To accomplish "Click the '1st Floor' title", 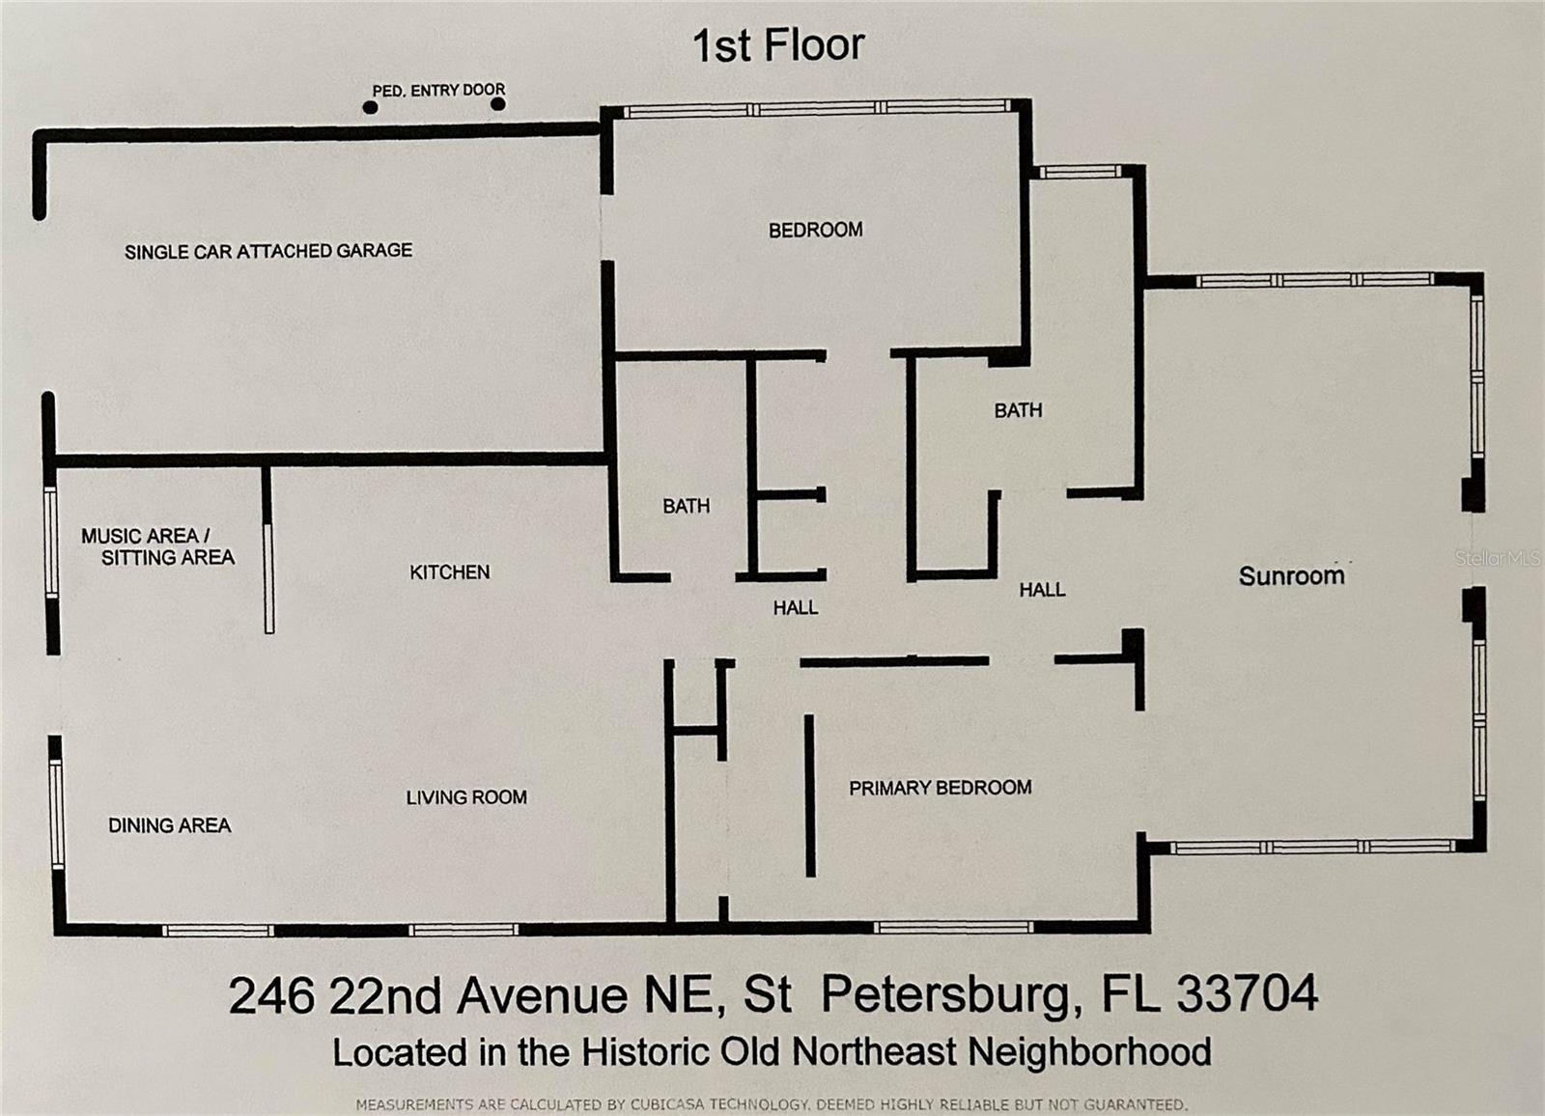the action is (x=778, y=45).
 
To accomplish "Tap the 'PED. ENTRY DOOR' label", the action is (x=438, y=91).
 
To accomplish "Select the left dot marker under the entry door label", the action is (x=371, y=107).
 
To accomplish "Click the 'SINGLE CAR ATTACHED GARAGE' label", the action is (x=268, y=251).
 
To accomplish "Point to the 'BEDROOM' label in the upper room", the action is (x=815, y=230).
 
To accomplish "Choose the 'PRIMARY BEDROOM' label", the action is (x=941, y=788).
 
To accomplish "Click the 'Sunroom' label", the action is (x=1291, y=576).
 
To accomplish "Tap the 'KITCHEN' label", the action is (x=450, y=572).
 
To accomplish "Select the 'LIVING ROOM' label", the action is (x=466, y=797).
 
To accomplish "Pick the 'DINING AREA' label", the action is (x=170, y=824).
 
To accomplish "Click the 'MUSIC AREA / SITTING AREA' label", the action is (x=158, y=546).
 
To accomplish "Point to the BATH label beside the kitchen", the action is (x=687, y=506).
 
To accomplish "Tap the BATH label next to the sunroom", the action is (x=1018, y=410).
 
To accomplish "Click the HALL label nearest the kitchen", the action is (x=796, y=607).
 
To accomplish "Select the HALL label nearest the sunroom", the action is (x=1042, y=590).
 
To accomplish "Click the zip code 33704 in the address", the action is (x=1247, y=993).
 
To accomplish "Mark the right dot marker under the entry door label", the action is (x=498, y=104).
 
